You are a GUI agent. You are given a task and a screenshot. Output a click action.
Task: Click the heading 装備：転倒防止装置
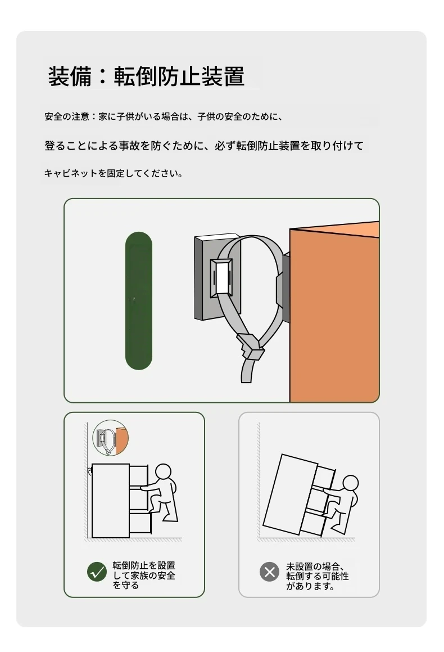pyautogui.click(x=146, y=76)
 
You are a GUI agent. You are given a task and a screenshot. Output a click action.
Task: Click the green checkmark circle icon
pyautogui.click(x=97, y=572)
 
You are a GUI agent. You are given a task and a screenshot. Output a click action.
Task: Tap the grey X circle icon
pyautogui.click(x=270, y=572)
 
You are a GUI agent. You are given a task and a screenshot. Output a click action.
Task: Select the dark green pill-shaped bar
pyautogui.click(x=139, y=300)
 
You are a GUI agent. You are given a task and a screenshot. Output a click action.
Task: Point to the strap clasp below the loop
pyautogui.click(x=250, y=347)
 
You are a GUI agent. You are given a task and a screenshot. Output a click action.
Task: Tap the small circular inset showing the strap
pyautogui.click(x=111, y=438)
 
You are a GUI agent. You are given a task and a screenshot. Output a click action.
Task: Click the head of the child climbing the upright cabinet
pyautogui.click(x=163, y=472)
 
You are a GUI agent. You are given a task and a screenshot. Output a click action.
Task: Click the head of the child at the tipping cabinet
pyautogui.click(x=351, y=483)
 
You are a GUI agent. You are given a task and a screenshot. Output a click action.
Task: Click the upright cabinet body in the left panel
pyautogui.click(x=111, y=501)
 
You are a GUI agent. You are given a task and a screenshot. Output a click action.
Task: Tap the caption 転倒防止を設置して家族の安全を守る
pyautogui.click(x=144, y=575)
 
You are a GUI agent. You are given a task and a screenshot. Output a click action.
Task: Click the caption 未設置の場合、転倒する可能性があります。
pyautogui.click(x=318, y=576)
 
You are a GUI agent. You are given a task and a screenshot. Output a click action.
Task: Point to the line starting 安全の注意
pyautogui.click(x=164, y=116)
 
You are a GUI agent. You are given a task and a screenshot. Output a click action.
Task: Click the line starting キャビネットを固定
pyautogui.click(x=114, y=173)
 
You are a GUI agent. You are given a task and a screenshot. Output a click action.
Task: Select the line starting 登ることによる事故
pyautogui.click(x=203, y=146)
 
